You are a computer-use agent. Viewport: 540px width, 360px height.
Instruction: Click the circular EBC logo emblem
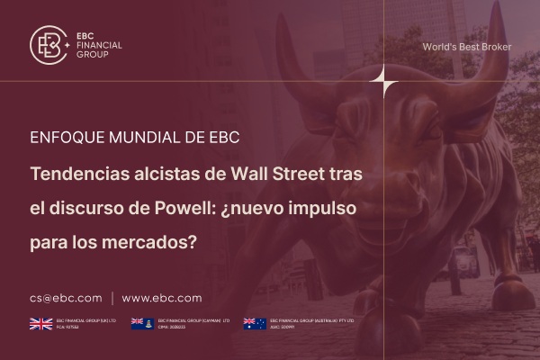coord(49,44)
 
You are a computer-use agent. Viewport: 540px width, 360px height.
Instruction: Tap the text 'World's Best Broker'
coord(466,46)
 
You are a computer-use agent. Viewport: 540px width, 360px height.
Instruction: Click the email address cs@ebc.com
coord(65,298)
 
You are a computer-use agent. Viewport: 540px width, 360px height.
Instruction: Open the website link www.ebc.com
coord(162,298)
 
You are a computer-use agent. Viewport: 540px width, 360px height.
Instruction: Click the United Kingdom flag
coord(40,323)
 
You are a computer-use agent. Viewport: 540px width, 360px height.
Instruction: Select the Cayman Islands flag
coord(142,323)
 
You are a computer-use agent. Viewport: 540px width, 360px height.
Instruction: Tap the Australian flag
coord(255,323)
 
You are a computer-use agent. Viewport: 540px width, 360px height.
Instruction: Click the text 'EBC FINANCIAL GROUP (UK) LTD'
coord(87,319)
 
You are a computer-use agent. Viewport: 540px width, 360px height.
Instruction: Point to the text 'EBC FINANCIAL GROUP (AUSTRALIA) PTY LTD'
coord(312,319)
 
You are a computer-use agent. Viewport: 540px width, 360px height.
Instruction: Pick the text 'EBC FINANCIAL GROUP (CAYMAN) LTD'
coord(194,319)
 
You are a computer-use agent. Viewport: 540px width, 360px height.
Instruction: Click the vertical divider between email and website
coord(112,298)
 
